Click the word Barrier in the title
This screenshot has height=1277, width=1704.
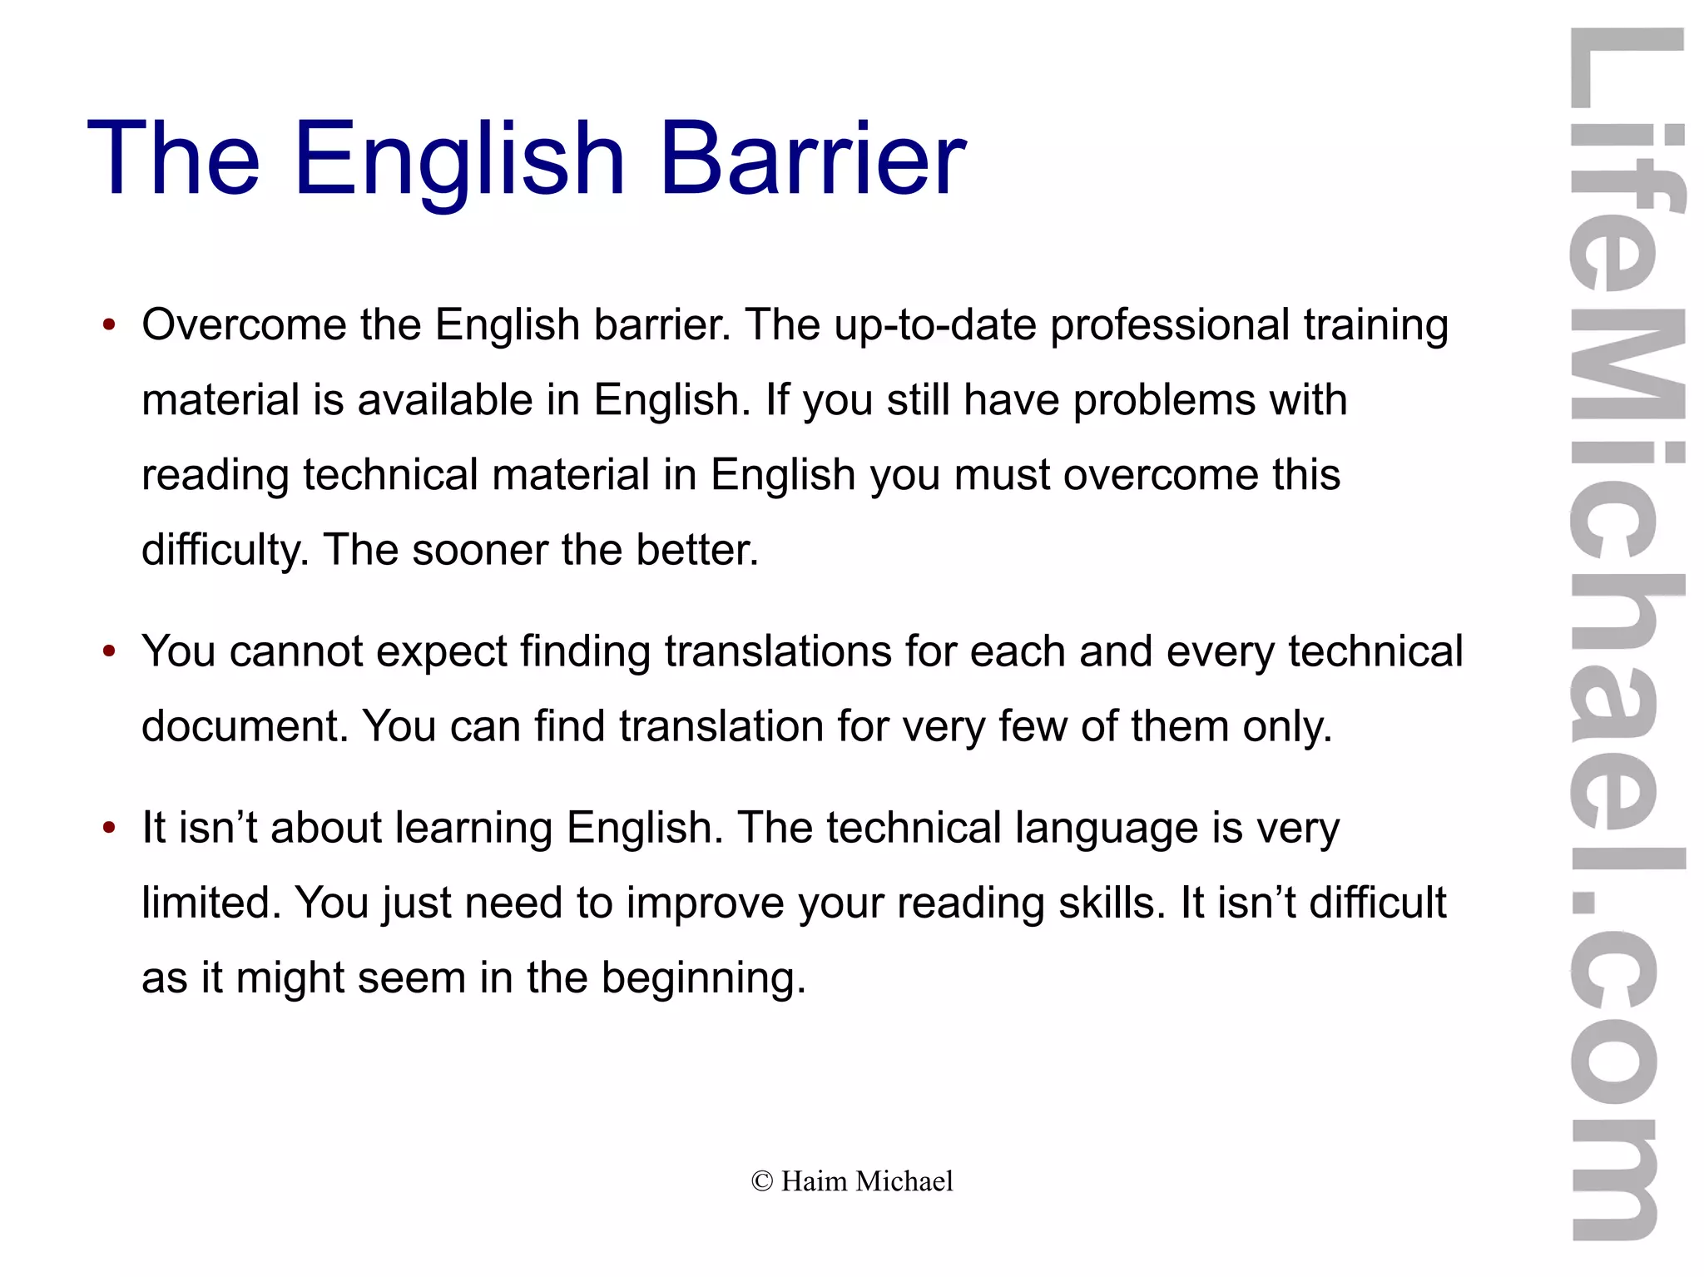tap(812, 158)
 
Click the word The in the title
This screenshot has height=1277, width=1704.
tap(173, 158)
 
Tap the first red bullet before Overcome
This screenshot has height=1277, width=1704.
tap(109, 325)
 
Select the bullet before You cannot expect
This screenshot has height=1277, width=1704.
tap(109, 651)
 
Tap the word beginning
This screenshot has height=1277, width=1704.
tap(704, 979)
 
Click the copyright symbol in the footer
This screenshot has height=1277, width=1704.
tap(761, 1181)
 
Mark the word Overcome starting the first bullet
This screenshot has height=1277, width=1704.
tap(244, 325)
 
